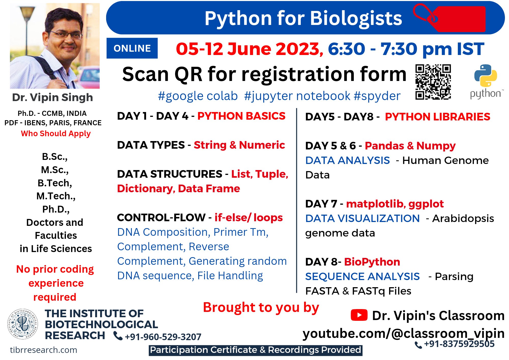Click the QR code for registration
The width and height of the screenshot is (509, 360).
click(x=433, y=82)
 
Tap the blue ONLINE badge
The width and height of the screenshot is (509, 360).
click(x=132, y=48)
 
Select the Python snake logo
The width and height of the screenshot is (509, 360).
click(x=486, y=76)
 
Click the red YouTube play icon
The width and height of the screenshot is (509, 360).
click(x=359, y=315)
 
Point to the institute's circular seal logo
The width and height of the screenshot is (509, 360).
click(x=23, y=324)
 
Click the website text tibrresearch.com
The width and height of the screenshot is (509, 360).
click(x=44, y=350)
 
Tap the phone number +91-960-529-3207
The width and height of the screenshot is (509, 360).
click(x=163, y=337)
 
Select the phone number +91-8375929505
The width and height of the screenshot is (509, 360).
click(x=459, y=344)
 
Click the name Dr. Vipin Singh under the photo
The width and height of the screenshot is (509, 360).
click(x=52, y=98)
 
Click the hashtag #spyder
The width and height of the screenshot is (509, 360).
click(x=377, y=96)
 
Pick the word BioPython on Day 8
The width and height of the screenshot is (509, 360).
click(x=372, y=262)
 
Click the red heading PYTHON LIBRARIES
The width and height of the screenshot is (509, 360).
click(x=437, y=117)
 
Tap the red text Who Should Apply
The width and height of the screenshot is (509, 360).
click(x=56, y=133)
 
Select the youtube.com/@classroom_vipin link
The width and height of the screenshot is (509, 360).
click(x=403, y=334)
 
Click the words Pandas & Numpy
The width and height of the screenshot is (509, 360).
click(x=410, y=146)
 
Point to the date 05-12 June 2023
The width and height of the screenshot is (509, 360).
click(x=249, y=49)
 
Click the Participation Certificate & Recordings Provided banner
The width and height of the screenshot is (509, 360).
click(x=255, y=350)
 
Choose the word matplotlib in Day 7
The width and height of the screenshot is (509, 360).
click(x=375, y=204)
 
